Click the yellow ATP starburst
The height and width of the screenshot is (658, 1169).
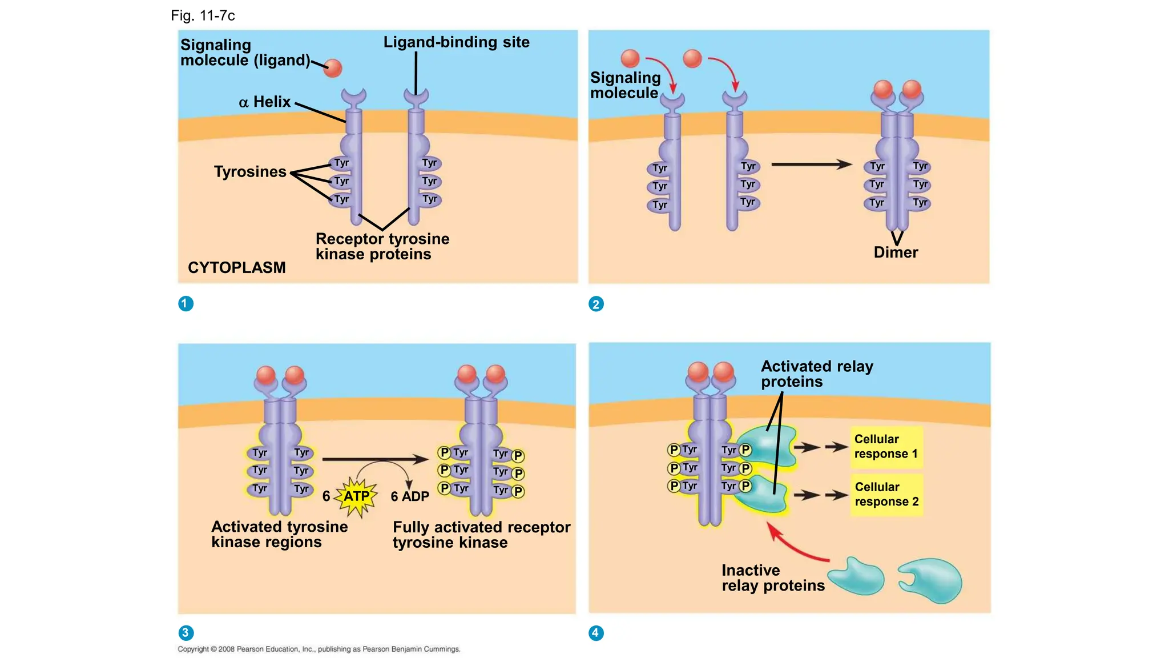pos(357,496)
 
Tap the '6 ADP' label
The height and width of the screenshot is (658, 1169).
pos(410,496)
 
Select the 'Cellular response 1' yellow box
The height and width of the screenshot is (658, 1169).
pos(886,447)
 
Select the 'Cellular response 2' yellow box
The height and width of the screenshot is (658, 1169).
pos(886,495)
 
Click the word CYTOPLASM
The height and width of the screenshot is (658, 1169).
pos(236,267)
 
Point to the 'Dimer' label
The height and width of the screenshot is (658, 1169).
pos(896,252)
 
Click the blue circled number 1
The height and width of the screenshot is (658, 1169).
pos(186,303)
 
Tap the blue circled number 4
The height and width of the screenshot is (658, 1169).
pos(595,632)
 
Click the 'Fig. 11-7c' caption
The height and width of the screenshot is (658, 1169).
pos(203,15)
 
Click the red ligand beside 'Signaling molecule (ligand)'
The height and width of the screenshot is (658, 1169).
pos(333,68)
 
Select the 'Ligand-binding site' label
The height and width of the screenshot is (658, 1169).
pos(456,42)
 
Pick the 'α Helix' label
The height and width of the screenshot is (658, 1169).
pos(265,102)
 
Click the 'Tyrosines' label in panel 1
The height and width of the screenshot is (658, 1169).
pos(250,171)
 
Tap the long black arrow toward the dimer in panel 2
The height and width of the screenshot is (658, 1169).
pos(811,164)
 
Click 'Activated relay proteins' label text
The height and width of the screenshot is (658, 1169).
pos(816,374)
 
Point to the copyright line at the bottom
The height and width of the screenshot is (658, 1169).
pos(319,649)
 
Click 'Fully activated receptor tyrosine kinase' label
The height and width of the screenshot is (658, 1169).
pos(481,535)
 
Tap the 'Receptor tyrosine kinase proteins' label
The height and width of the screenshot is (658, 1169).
pos(382,246)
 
